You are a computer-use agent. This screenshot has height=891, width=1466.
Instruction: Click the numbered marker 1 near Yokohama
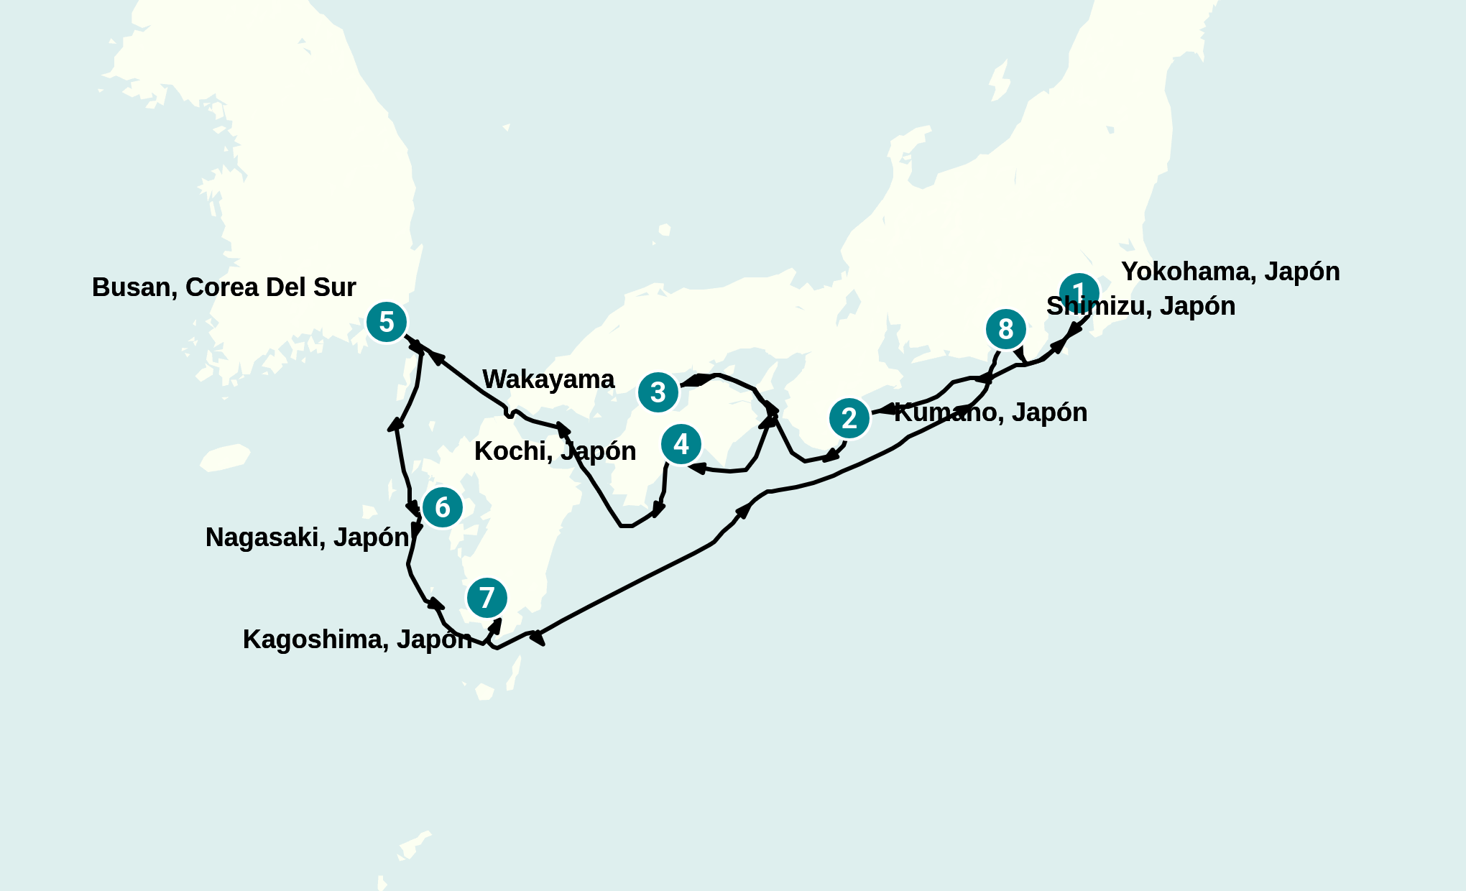coord(1079,292)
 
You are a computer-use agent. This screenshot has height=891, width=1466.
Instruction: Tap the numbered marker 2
coord(849,418)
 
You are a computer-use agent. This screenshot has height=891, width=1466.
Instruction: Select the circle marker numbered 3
coord(658,392)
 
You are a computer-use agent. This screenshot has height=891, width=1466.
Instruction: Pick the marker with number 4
coord(681,444)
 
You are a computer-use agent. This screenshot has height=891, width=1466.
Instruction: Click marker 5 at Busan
coord(387,323)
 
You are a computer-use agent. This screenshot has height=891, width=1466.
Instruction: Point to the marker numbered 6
coord(443,507)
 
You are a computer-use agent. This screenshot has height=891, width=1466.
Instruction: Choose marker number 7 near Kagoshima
coord(487,598)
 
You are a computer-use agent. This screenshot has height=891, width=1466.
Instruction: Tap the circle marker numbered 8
coord(1006,329)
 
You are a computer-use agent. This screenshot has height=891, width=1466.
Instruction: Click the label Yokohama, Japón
coord(1230,272)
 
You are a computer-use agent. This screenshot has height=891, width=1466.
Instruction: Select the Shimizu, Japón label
coord(1140,306)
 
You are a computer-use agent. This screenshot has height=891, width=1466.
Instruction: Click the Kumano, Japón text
coord(990,412)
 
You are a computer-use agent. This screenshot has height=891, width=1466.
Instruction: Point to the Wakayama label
coord(548,379)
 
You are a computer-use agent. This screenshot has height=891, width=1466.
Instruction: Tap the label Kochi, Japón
coord(555,451)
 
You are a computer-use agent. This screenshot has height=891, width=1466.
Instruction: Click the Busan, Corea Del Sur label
coord(223,287)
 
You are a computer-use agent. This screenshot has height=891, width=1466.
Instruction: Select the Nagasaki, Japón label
coord(307,537)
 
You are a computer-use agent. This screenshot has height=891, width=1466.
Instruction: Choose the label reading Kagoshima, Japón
coord(357,640)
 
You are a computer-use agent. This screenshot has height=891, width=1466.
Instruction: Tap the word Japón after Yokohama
coord(1301,272)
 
